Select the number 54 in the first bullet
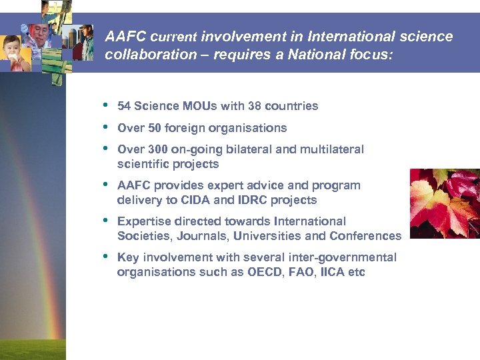pyautogui.click(x=123, y=106)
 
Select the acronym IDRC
pyautogui.click(x=252, y=200)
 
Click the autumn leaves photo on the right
pyautogui.click(x=445, y=203)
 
